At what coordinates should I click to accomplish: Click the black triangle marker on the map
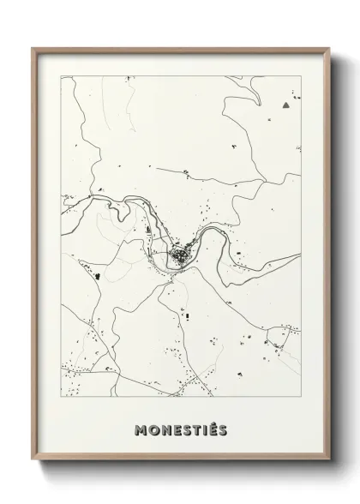click(285, 105)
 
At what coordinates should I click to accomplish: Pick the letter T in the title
click(196, 429)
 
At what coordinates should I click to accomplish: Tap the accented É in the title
click(213, 428)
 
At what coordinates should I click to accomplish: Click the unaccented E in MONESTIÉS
click(176, 429)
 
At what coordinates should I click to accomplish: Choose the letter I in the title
click(205, 429)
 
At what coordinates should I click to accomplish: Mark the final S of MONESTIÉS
click(223, 429)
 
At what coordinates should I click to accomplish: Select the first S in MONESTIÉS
click(186, 429)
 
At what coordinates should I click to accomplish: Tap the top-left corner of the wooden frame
click(33, 48)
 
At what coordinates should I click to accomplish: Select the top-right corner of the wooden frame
click(330, 48)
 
